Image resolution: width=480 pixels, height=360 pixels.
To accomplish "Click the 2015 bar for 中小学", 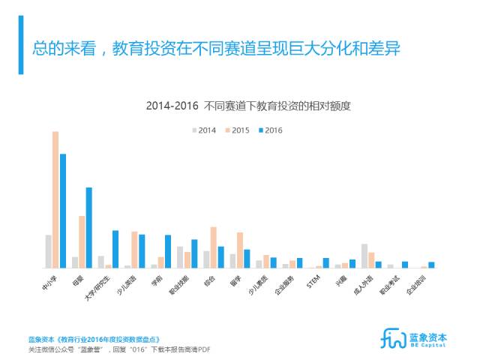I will (55, 199).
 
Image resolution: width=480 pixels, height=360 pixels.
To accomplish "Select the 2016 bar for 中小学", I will (63, 211).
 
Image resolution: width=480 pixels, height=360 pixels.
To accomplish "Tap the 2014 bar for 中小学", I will (48, 251).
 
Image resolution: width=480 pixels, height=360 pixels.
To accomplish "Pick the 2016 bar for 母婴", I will (89, 227).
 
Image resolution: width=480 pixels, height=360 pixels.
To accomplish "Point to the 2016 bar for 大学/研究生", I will (115, 249).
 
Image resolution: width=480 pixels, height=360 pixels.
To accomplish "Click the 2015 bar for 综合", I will (213, 247).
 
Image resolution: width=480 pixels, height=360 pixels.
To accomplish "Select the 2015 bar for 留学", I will (239, 250).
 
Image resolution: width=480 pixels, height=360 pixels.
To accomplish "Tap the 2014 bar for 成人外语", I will (364, 256).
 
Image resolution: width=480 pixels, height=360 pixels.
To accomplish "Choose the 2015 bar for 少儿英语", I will (134, 250).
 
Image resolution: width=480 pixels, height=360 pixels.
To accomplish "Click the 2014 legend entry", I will (204, 130).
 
